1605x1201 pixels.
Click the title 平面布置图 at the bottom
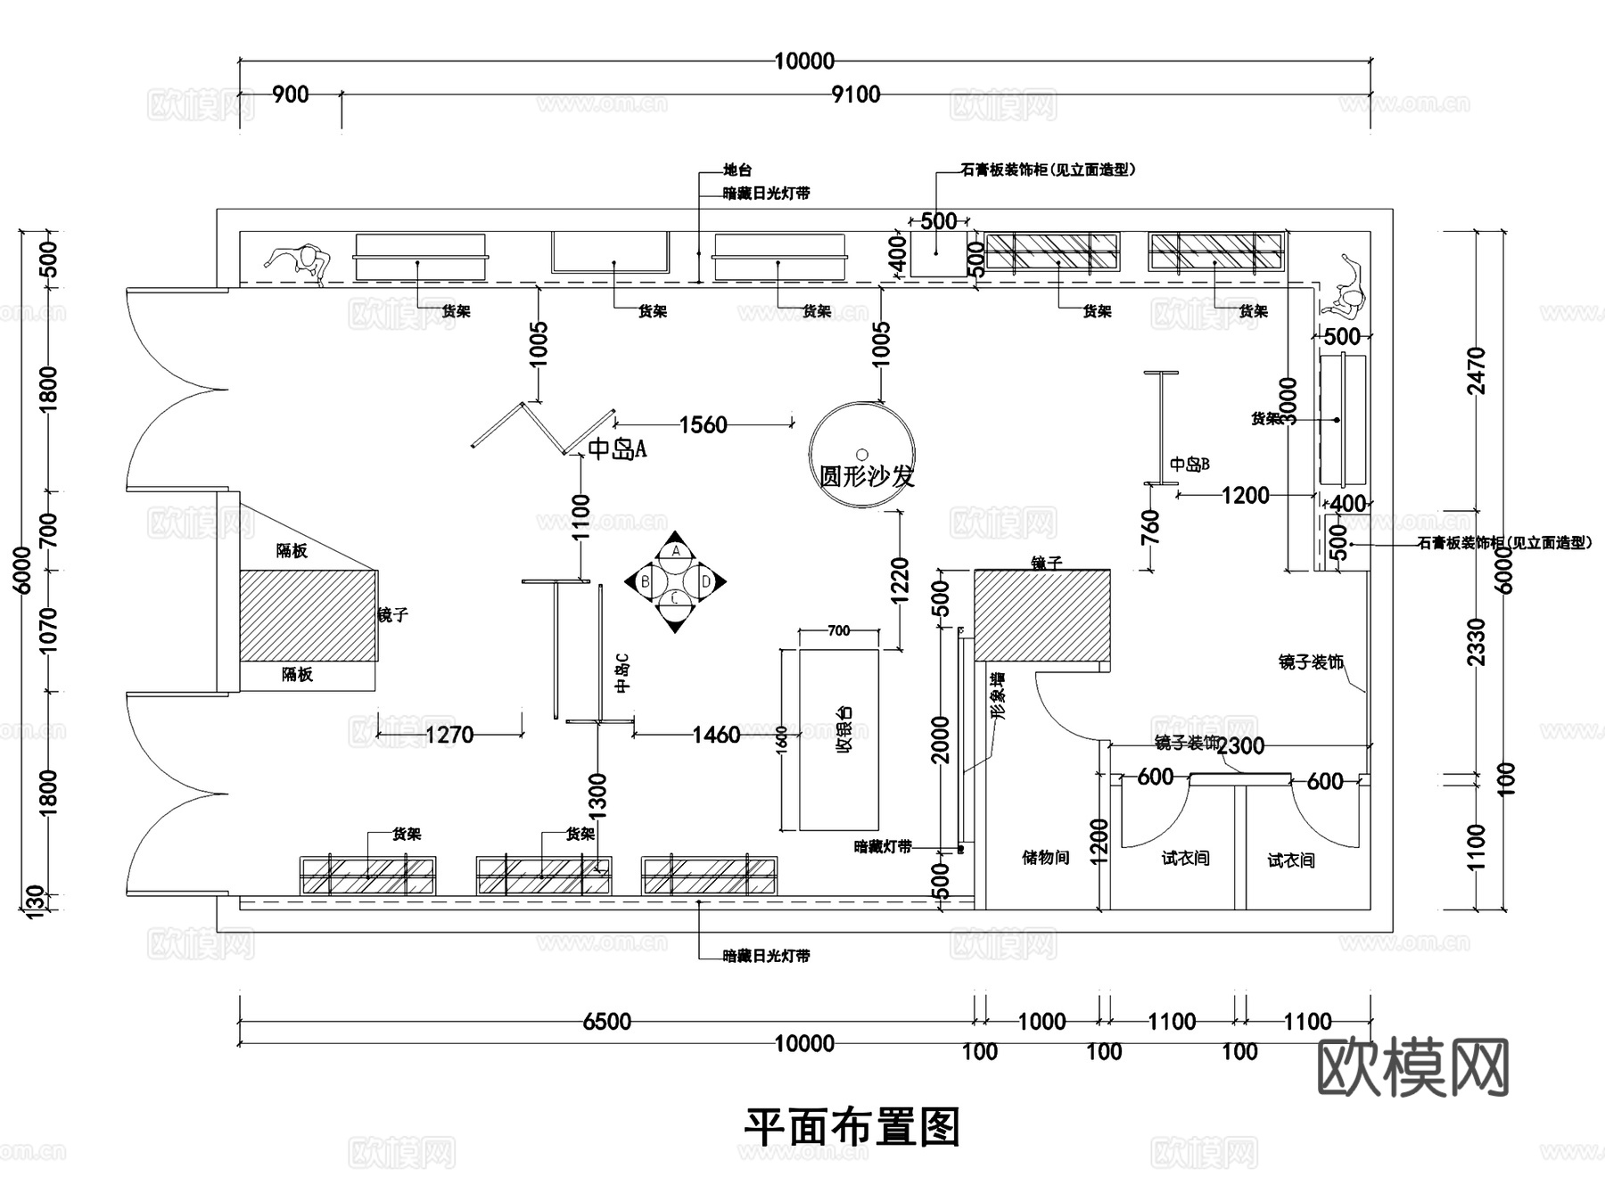pos(852,1128)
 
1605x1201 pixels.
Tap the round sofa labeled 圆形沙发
pos(861,456)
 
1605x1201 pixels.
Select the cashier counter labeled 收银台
pos(838,739)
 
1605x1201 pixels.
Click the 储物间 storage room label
pos(1045,858)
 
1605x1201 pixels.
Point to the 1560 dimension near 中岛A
pos(703,424)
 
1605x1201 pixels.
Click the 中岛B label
pos(1189,465)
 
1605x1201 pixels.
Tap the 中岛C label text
pos(622,672)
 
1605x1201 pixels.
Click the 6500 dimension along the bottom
pos(606,1022)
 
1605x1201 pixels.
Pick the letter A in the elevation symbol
pos(676,551)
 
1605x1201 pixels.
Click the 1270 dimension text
pos(449,735)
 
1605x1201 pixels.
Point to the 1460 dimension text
pos(716,735)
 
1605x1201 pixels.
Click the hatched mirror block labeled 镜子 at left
pos(307,615)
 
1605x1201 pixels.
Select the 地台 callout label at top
pos(737,170)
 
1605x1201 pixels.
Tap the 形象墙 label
pos(998,696)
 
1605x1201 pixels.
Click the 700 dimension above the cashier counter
pos(838,631)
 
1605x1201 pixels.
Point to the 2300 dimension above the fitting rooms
pos(1240,745)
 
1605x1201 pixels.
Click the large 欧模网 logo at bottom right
pos(1412,1066)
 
